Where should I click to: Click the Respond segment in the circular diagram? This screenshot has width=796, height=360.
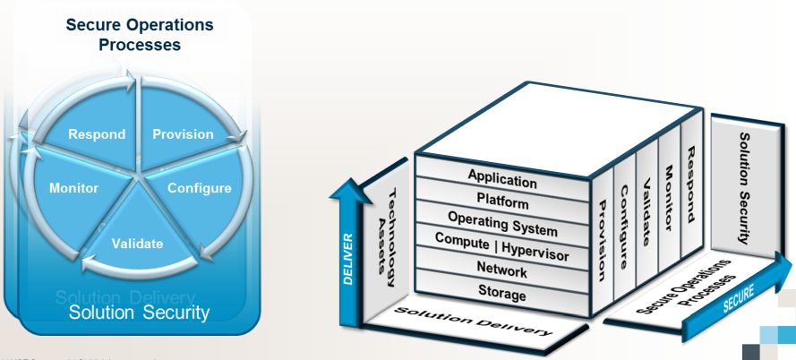[x=98, y=135]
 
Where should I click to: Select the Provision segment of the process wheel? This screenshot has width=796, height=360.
[x=183, y=134]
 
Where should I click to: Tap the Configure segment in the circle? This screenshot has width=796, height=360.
[x=199, y=188]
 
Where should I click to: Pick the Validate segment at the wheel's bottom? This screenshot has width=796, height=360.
[x=137, y=242]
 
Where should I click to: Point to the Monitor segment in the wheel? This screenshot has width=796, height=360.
[x=73, y=189]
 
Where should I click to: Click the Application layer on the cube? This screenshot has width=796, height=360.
[x=501, y=178]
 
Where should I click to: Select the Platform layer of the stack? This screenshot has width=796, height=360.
[x=501, y=201]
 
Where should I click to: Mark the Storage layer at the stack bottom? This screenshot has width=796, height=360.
[x=501, y=292]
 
